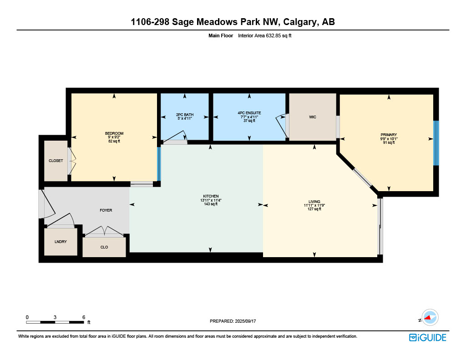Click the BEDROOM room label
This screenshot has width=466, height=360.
114,133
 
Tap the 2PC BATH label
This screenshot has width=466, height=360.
185,114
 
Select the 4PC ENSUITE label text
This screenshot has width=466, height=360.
249,113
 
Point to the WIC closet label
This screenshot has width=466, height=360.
313,117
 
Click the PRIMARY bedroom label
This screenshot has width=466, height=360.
389,135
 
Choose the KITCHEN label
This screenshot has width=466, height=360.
211,196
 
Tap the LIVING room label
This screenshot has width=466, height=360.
314,202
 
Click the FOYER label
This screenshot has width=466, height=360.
106,210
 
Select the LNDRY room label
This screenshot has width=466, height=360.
61,242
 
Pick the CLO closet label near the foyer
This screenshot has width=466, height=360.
104,247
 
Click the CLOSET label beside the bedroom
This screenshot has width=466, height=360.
56,161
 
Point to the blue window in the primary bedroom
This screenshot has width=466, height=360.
436,143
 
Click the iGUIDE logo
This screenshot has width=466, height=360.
427,337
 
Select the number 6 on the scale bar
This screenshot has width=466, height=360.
84,317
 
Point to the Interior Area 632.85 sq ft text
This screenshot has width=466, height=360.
264,35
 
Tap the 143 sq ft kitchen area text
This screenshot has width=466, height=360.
211,204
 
